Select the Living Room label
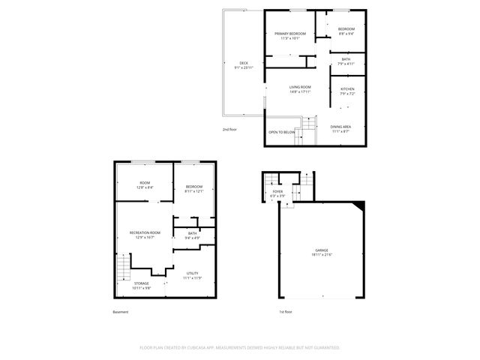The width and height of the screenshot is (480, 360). tap(300, 87)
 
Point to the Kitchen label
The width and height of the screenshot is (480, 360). tap(347, 88)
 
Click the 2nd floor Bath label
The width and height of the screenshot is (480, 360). tap(346, 59)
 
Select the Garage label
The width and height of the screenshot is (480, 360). tap(321, 250)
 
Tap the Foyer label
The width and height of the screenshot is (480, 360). tap(277, 192)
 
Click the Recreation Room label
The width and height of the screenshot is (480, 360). tap(145, 233)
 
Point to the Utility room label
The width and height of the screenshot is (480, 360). tap(192, 273)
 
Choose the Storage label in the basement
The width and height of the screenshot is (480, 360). tap(142, 283)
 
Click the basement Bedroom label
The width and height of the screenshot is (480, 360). tap(194, 186)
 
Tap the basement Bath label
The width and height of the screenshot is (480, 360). tap(193, 233)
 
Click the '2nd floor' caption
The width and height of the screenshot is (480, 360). tap(230, 129)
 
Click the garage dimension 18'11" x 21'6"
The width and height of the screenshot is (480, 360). tap(321, 256)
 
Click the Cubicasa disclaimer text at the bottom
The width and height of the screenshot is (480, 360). tap(240, 347)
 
